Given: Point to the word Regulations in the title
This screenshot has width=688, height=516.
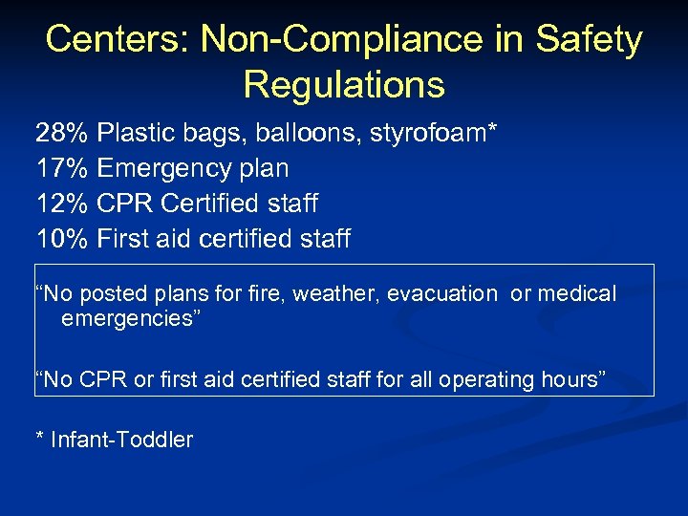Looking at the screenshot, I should coord(344,84).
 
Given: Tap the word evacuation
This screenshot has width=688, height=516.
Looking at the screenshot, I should coord(442,294).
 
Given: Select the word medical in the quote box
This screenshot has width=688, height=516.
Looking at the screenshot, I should coord(576,294).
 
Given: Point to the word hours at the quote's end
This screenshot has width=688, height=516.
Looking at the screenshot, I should coord(570,379).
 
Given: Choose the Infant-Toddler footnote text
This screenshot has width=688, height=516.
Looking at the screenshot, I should coord(121,440).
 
